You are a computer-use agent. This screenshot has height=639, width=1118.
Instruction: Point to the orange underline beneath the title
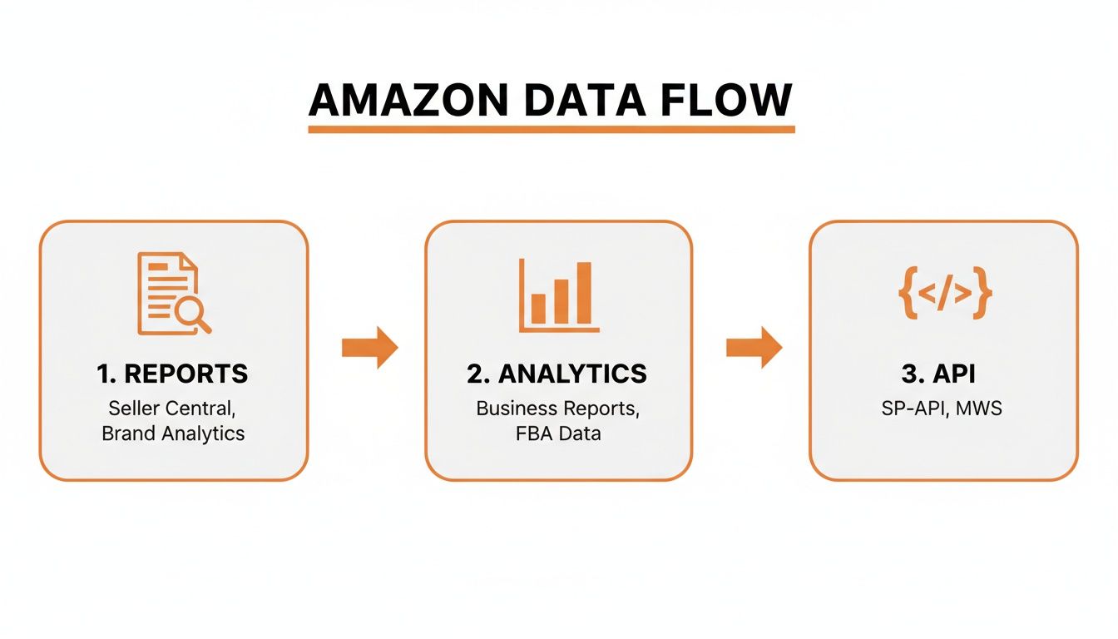coord(551,129)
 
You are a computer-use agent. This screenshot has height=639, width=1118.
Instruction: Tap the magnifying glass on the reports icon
coord(192,314)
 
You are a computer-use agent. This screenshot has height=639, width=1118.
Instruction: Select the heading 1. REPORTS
coord(172,374)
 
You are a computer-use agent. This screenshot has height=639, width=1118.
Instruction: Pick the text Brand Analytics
coord(173,433)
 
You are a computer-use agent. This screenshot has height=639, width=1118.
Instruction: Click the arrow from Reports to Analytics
coord(370,347)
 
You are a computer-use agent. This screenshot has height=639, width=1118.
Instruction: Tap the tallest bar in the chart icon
coord(584,292)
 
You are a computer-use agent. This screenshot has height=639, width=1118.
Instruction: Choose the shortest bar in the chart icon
coord(538,308)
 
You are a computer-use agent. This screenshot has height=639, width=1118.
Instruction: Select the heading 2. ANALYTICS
coord(557,374)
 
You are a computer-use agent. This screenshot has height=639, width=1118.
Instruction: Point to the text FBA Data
coord(557,433)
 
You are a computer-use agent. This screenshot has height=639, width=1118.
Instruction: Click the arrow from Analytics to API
coord(754,347)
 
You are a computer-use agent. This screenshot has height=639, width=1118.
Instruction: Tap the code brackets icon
coord(944,294)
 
